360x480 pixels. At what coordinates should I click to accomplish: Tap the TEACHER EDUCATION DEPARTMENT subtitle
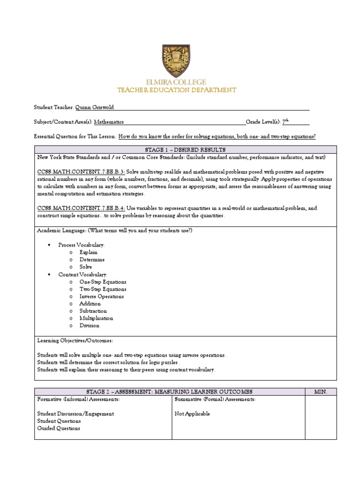176,90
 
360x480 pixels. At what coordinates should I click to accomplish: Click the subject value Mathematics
109,122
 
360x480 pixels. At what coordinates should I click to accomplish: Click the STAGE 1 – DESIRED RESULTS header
186,150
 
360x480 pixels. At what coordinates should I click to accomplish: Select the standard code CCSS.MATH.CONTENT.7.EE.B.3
81,172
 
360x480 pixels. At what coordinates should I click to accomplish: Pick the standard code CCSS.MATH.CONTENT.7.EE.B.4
81,208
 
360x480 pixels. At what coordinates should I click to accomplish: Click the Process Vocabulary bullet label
82,245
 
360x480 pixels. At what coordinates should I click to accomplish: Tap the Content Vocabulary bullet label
82,274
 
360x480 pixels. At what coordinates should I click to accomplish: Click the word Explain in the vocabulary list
89,252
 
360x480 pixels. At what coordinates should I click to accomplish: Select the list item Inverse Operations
102,296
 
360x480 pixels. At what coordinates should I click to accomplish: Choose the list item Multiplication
96,318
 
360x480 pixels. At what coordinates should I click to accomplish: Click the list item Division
90,325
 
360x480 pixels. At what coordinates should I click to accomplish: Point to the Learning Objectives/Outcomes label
75,340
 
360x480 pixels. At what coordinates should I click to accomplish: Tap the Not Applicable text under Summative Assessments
192,414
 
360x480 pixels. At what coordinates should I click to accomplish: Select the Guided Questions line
59,428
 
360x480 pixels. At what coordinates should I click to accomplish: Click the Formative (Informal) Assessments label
78,399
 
